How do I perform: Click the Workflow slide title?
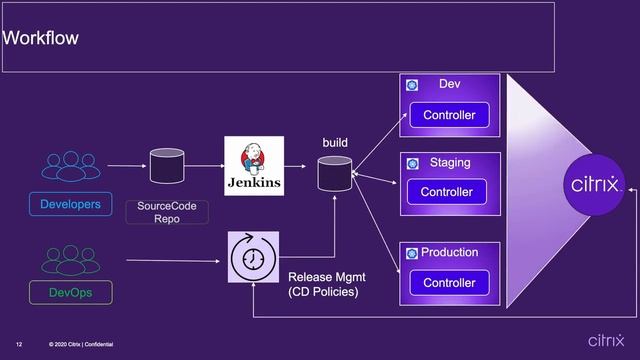pyautogui.click(x=41, y=39)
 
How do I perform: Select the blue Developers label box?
pyautogui.click(x=70, y=205)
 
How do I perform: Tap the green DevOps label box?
pyautogui.click(x=70, y=293)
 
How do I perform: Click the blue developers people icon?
pyautogui.click(x=70, y=166)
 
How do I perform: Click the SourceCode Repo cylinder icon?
pyautogui.click(x=166, y=165)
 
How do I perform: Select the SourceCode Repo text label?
pyautogui.click(x=166, y=212)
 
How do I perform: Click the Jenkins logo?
pyautogui.click(x=254, y=166)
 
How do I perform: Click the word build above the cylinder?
pyautogui.click(x=335, y=143)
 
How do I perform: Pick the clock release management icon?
pyautogui.click(x=254, y=256)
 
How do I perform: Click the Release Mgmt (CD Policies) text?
pyautogui.click(x=323, y=284)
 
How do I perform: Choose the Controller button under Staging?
pyautogui.click(x=446, y=192)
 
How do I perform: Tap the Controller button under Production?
pyautogui.click(x=449, y=283)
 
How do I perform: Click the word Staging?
pyautogui.click(x=450, y=163)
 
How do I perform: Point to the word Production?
pyautogui.click(x=450, y=252)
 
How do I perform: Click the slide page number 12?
pyautogui.click(x=19, y=345)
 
